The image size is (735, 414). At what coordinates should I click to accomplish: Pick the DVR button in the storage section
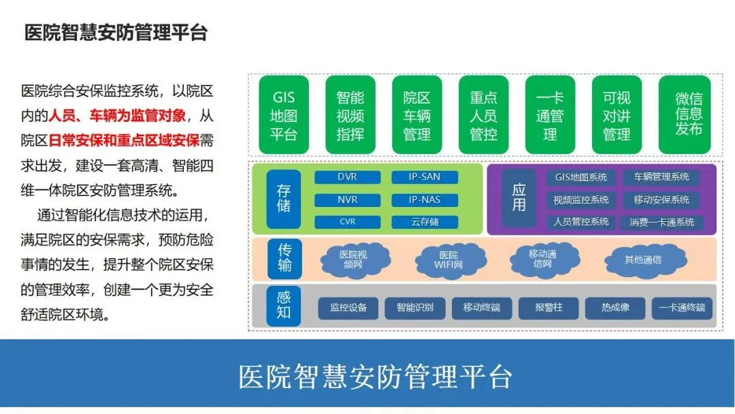347,177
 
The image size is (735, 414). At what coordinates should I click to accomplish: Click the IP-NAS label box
425,200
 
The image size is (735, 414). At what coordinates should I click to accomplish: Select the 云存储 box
425,222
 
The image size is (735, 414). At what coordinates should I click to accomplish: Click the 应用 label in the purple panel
519,198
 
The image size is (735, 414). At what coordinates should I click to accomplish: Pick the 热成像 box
615,308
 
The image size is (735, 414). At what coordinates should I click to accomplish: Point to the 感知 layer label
284,305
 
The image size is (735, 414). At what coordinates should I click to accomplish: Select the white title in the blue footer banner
375,377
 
